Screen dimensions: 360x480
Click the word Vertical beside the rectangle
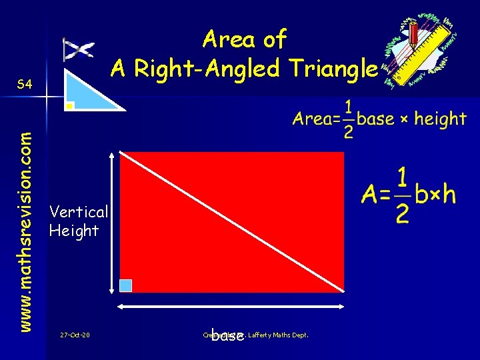click(79, 212)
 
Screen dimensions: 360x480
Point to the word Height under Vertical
click(74, 231)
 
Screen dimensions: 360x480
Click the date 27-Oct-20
click(75, 335)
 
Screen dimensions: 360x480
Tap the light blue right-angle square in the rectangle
click(125, 285)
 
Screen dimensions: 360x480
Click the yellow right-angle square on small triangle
click(69, 105)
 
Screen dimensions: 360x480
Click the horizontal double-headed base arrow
click(231, 307)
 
